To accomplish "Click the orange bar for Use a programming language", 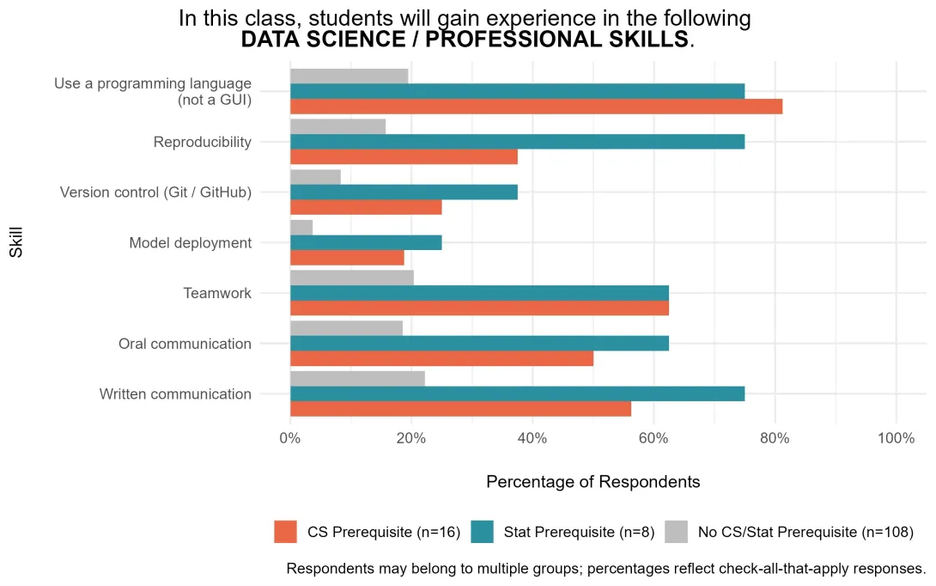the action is pyautogui.click(x=536, y=107).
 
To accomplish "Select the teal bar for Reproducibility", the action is pyautogui.click(x=518, y=142).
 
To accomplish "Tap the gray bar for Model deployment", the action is pyautogui.click(x=301, y=228).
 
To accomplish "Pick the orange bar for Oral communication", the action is pyautogui.click(x=441, y=358).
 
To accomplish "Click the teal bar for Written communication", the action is pyautogui.click(x=518, y=394).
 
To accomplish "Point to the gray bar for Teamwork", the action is pyautogui.click(x=352, y=278).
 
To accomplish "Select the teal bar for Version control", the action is pyautogui.click(x=404, y=192).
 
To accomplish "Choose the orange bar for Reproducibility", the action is pyautogui.click(x=404, y=157).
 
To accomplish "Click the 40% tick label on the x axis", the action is pyautogui.click(x=532, y=438).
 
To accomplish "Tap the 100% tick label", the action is pyautogui.click(x=896, y=438).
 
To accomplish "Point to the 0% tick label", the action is pyautogui.click(x=290, y=438).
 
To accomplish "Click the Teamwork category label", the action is pyautogui.click(x=217, y=293).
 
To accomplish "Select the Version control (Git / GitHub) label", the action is pyautogui.click(x=155, y=192).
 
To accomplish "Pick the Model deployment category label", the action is pyautogui.click(x=191, y=243).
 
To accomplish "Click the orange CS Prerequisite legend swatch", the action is pyautogui.click(x=285, y=532).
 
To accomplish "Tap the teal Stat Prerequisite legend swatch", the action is pyautogui.click(x=483, y=532).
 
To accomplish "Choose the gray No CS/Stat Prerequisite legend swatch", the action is pyautogui.click(x=677, y=532).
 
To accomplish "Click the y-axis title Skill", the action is pyautogui.click(x=16, y=242).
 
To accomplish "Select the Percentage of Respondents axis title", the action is pyautogui.click(x=593, y=482).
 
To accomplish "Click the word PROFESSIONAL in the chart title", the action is pyautogui.click(x=556, y=40).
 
